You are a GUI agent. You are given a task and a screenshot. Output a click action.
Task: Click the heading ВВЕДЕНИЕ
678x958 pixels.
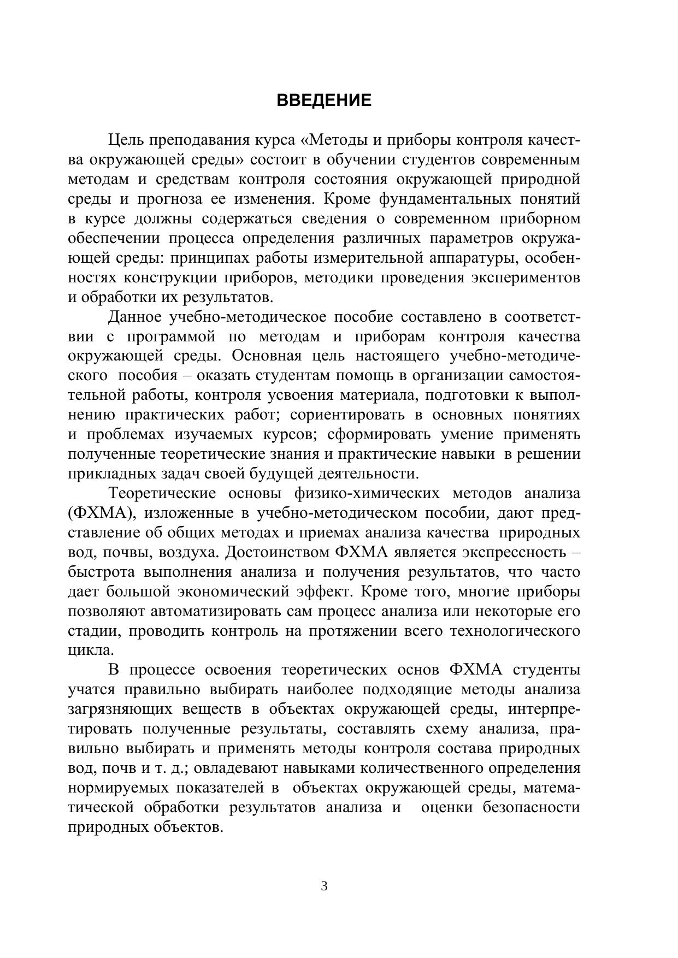pyautogui.click(x=324, y=100)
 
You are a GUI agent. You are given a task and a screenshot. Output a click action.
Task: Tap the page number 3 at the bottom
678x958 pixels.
pyautogui.click(x=324, y=886)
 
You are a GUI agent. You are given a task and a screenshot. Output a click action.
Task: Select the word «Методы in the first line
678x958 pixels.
pyautogui.click(x=334, y=140)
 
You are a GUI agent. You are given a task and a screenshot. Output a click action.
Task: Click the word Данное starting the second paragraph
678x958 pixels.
pyautogui.click(x=135, y=317)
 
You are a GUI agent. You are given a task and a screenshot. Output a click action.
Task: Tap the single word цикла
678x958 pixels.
pyautogui.click(x=91, y=651)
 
